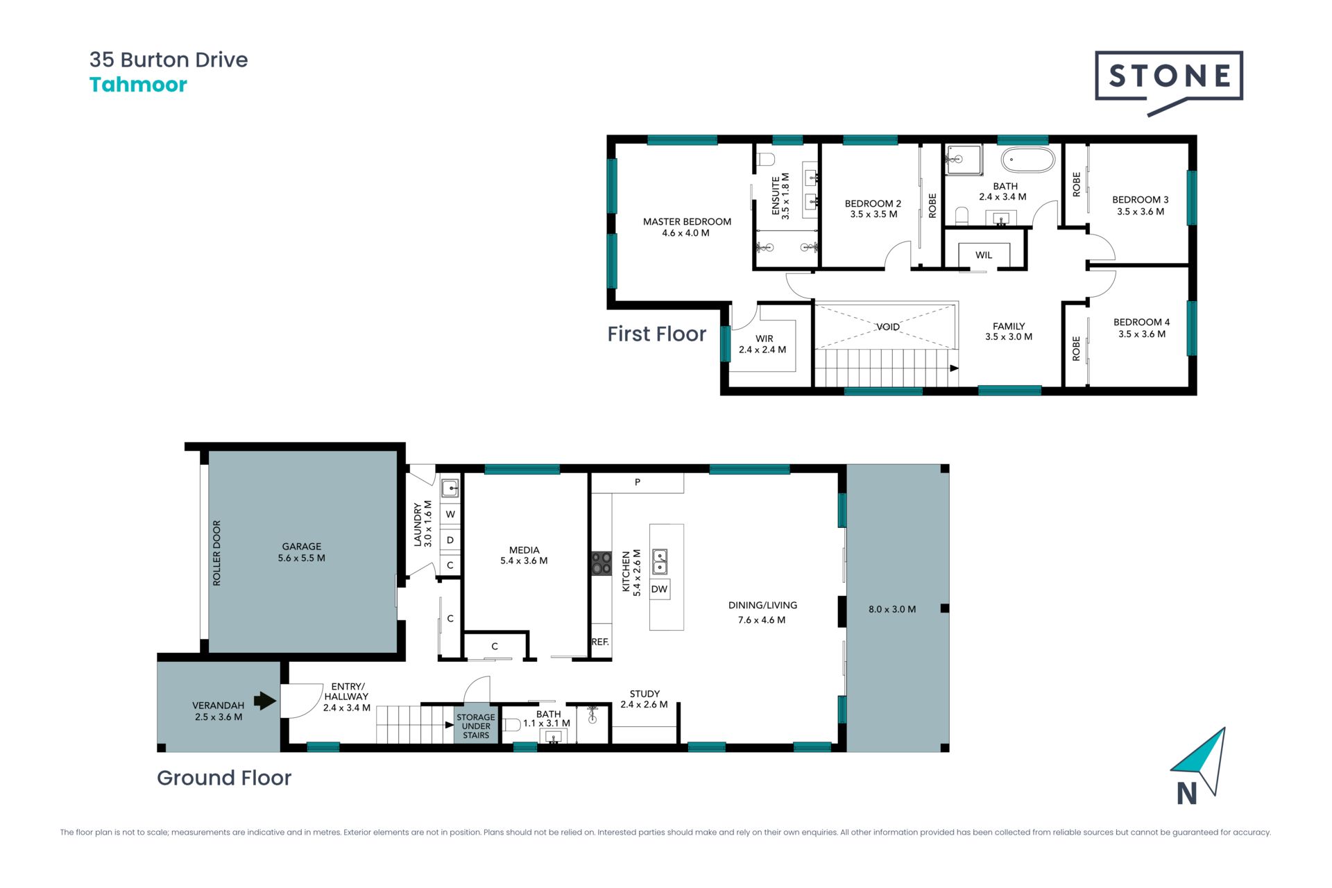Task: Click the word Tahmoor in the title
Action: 138,85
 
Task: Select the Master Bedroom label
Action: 687,222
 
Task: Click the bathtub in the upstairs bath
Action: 1028,160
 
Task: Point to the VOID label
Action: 888,327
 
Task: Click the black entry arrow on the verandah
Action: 265,701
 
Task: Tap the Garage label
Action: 302,547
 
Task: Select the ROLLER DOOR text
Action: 216,553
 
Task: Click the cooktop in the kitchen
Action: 601,563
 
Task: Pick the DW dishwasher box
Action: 659,590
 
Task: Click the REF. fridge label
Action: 600,642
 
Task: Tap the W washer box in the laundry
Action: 450,514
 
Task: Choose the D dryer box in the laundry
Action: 450,540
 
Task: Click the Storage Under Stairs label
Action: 476,726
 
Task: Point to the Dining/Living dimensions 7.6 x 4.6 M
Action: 762,620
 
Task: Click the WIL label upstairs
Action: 984,255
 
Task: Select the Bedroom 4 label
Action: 1142,323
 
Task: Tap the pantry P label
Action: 638,482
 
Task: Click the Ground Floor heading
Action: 224,778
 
